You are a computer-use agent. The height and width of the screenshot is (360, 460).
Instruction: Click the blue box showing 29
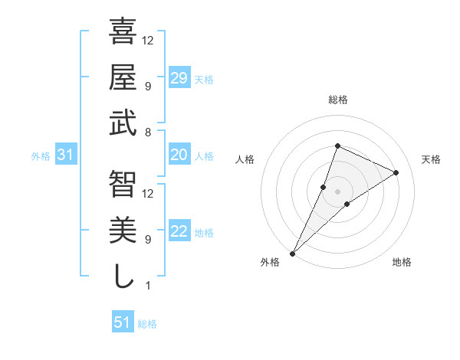(179, 77)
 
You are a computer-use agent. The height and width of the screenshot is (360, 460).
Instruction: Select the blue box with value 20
(179, 155)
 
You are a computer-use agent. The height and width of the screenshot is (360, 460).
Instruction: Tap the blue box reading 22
(179, 231)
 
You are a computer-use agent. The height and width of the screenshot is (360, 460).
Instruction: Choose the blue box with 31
(66, 155)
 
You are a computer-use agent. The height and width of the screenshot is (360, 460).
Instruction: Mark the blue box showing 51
(123, 322)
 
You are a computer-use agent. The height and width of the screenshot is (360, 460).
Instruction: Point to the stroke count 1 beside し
(147, 286)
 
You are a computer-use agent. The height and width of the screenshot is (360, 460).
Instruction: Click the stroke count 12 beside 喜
(149, 40)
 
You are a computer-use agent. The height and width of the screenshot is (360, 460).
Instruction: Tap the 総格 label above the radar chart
(337, 100)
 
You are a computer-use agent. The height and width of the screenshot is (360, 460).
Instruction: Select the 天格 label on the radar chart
(431, 159)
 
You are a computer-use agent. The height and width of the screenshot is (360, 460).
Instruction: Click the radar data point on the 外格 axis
(292, 253)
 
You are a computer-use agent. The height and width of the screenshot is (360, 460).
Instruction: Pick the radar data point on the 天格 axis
(396, 172)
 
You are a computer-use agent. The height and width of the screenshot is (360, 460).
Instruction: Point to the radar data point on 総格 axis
(337, 146)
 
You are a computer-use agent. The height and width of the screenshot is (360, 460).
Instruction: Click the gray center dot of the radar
(337, 191)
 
